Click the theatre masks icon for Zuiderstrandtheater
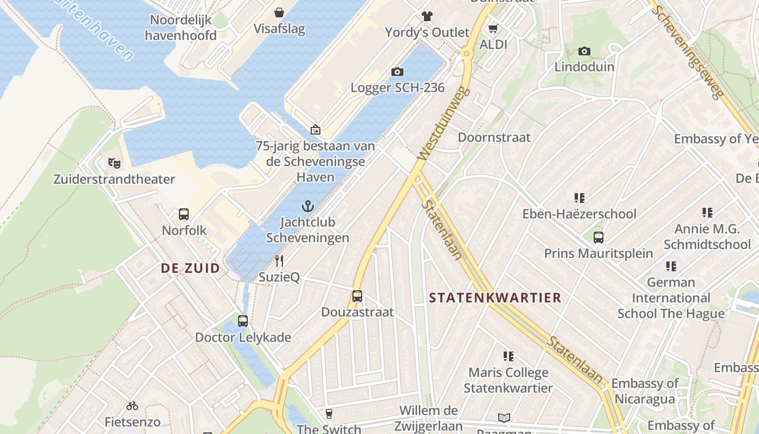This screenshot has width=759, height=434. [x=114, y=162]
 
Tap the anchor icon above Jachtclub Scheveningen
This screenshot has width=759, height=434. [x=308, y=206]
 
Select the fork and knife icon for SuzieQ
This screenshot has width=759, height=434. [x=279, y=261]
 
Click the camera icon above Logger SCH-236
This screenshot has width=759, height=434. [x=397, y=72]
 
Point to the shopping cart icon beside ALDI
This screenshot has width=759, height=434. [x=493, y=28]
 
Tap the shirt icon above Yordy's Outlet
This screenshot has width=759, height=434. [x=427, y=16]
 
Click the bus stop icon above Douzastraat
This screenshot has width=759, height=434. [x=357, y=296]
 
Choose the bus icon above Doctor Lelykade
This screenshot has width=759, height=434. [x=242, y=321]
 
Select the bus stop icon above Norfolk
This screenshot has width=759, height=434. [x=184, y=214]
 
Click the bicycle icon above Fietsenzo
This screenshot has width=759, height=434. [x=132, y=406]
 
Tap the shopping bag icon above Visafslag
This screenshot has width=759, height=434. [x=279, y=12]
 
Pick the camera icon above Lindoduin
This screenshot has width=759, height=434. [x=584, y=51]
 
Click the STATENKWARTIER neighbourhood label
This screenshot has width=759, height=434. [x=495, y=297]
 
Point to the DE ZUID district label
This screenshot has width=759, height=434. [x=190, y=268]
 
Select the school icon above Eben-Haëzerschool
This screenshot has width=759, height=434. [x=580, y=198]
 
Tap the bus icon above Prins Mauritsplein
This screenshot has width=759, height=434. [x=599, y=238]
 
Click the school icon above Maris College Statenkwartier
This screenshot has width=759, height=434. [x=508, y=356]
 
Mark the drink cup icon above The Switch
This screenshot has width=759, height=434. [x=329, y=414]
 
